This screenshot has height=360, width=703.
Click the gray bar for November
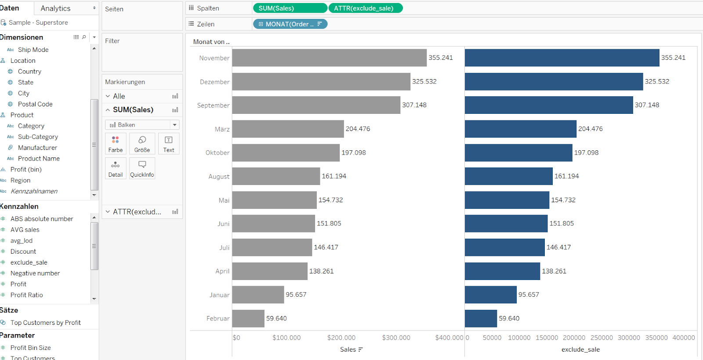tap(329, 58)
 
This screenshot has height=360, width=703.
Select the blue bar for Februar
tap(481, 318)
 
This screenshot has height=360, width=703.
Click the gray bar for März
tap(288, 129)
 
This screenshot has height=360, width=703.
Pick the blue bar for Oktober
tap(518, 153)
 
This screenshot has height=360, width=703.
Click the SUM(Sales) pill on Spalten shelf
tap(290, 8)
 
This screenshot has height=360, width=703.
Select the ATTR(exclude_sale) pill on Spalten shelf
tap(365, 8)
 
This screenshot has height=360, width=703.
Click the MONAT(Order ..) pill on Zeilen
tap(290, 24)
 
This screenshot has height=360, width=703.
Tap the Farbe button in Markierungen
tap(116, 144)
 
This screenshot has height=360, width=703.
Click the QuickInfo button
tap(142, 168)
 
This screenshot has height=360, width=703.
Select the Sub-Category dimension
tap(38, 137)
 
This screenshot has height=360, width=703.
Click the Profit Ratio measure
tap(27, 295)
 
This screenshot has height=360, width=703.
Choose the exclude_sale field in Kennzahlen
tap(29, 262)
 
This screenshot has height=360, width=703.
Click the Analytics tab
tap(55, 8)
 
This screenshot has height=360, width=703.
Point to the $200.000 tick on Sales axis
tap(341, 338)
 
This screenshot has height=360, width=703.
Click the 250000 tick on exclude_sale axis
tap(602, 338)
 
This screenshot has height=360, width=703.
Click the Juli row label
tap(224, 247)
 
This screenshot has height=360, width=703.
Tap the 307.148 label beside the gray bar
tap(414, 105)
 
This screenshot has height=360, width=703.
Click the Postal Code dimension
tap(35, 104)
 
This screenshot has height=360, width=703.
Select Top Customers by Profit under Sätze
tap(46, 323)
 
